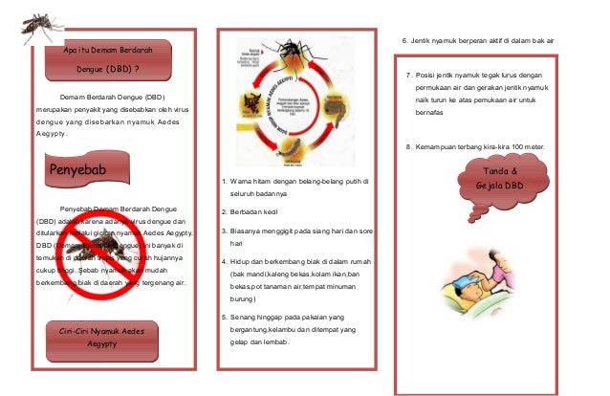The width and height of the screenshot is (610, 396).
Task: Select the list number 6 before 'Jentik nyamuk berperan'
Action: click(x=403, y=41)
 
